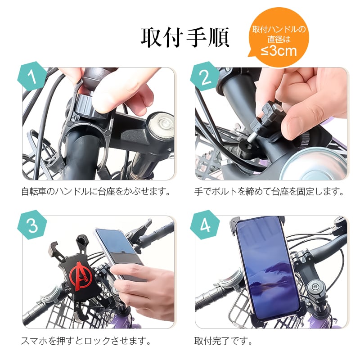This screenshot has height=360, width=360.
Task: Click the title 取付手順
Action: point(185,38)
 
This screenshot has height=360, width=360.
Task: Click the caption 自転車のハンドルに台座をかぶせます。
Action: point(96,191)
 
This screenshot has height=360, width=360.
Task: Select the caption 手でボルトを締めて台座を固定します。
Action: point(269,191)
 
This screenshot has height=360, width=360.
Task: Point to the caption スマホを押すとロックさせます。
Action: point(85,340)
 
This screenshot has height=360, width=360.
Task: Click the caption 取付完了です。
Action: point(223,340)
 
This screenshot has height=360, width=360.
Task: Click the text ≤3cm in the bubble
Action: point(279,50)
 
